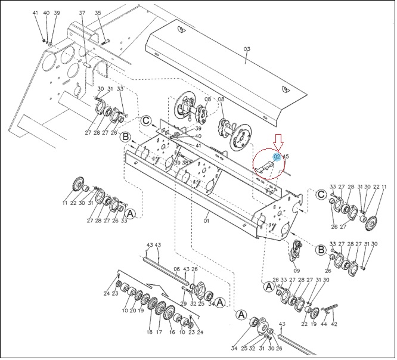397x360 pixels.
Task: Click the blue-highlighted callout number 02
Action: pyautogui.click(x=277, y=157)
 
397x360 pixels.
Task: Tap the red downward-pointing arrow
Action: pyautogui.click(x=279, y=142)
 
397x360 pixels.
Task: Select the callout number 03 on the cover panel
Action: pyautogui.click(x=247, y=49)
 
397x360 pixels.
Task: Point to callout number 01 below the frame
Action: pyautogui.click(x=207, y=221)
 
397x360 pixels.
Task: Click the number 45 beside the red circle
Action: pyautogui.click(x=286, y=156)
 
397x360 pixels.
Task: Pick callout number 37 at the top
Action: pyautogui.click(x=82, y=13)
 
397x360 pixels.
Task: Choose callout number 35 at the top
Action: pyautogui.click(x=98, y=13)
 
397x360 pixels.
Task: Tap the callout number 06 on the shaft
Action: pyautogui.click(x=176, y=269)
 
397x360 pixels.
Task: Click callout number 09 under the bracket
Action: pyautogui.click(x=296, y=271)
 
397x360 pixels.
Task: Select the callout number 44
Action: pyautogui.click(x=324, y=324)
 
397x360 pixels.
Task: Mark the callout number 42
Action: pyautogui.click(x=334, y=324)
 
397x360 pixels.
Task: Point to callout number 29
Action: pyautogui.click(x=184, y=303)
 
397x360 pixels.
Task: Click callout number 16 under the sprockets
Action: pyautogui.click(x=172, y=332)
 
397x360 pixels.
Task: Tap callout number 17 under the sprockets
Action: pyautogui.click(x=159, y=332)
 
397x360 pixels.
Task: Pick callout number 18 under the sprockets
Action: pyautogui.click(x=150, y=332)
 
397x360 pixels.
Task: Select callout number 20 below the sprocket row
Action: pyautogui.click(x=133, y=311)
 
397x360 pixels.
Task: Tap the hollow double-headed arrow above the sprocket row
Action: pyautogui.click(x=157, y=289)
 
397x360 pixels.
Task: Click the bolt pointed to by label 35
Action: pyautogui.click(x=105, y=42)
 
